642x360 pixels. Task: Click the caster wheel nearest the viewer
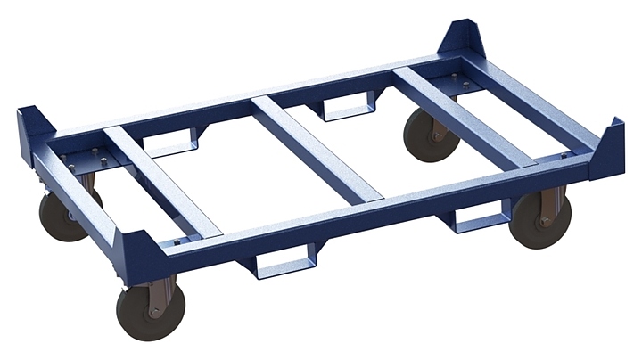(150, 309)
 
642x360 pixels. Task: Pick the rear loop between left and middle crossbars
(174, 143)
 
